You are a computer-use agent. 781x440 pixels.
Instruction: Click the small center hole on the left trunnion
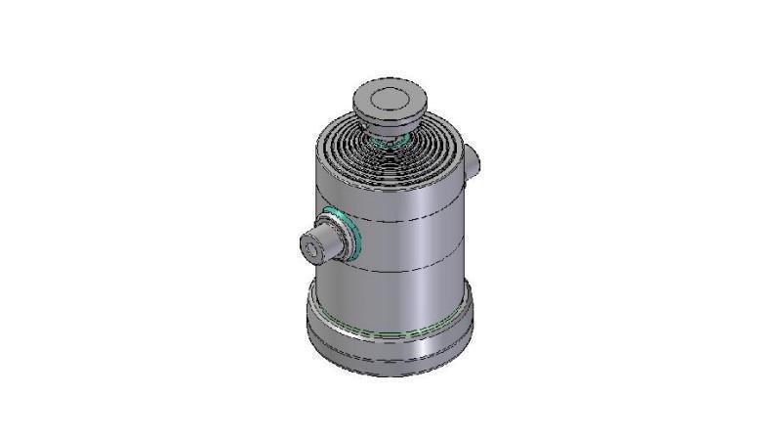(x=311, y=250)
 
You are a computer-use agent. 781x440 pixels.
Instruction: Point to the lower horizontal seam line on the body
(x=410, y=269)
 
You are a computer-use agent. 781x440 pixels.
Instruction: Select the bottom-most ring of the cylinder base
(x=390, y=368)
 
